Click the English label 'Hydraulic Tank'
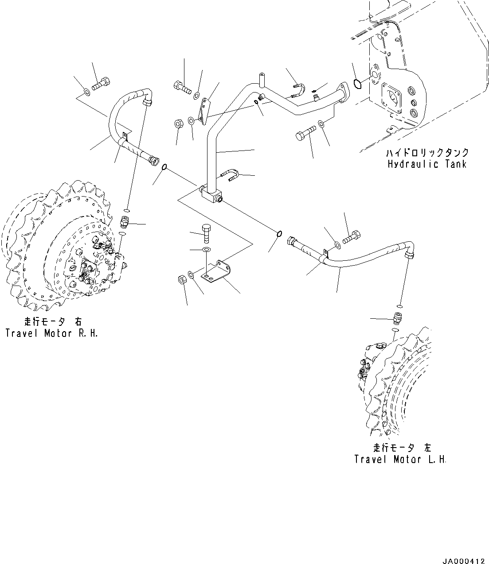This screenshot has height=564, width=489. point(426,164)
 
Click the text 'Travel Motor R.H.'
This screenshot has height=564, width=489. point(51,333)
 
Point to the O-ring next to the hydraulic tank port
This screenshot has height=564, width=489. point(358,82)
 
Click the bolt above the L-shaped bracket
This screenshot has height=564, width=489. point(207,233)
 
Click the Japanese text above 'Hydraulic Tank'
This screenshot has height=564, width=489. point(427,153)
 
